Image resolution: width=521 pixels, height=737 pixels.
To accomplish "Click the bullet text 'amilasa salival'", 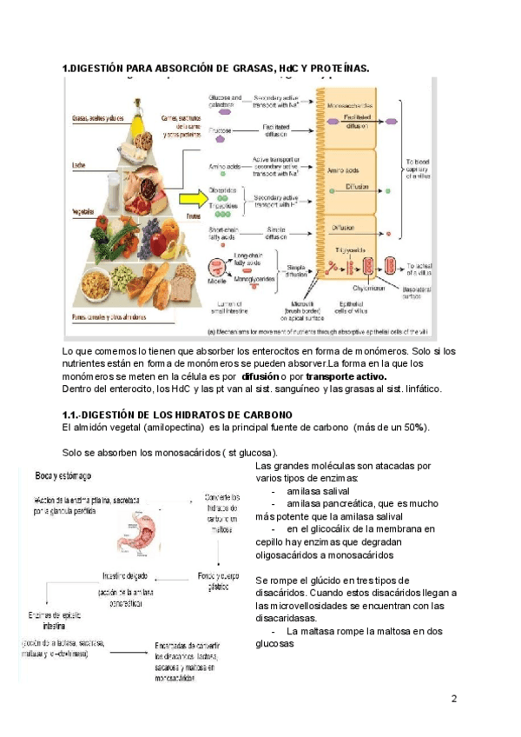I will click(x=318, y=490).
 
